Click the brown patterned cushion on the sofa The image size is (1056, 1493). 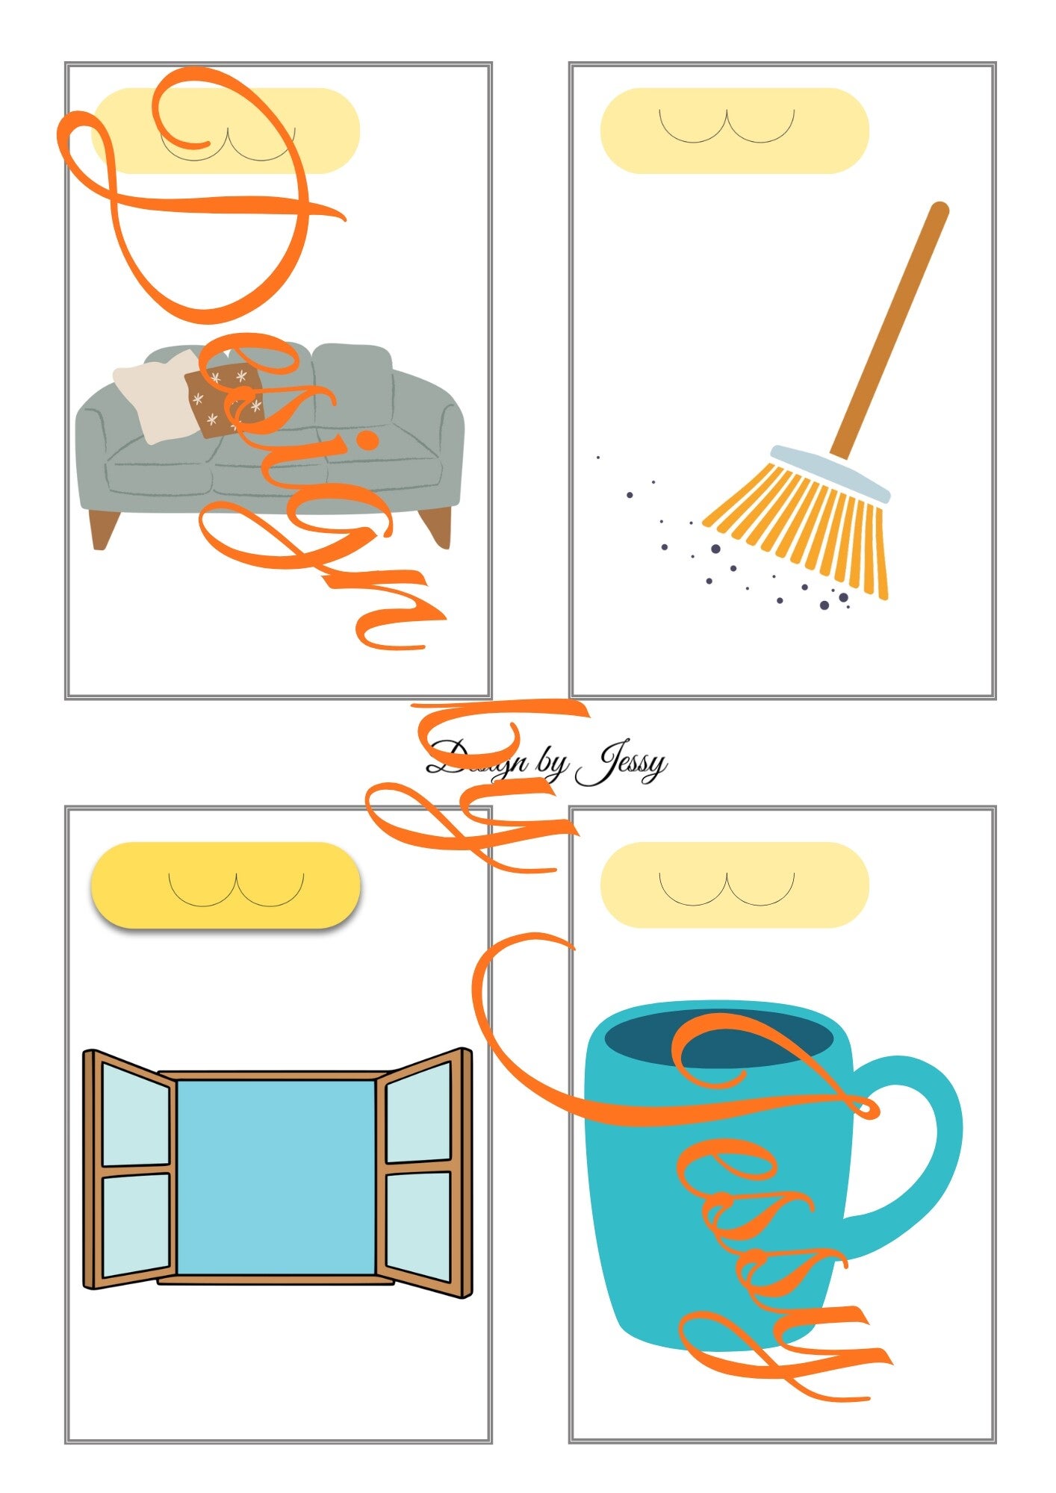tap(224, 400)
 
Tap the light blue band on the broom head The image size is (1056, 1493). tap(830, 473)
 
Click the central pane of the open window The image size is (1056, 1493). tap(276, 1177)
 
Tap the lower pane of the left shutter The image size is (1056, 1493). tap(135, 1225)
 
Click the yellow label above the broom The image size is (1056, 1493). tap(734, 131)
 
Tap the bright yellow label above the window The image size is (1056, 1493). tap(226, 885)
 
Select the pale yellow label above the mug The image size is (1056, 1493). tap(734, 885)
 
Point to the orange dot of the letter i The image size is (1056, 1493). tap(367, 440)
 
